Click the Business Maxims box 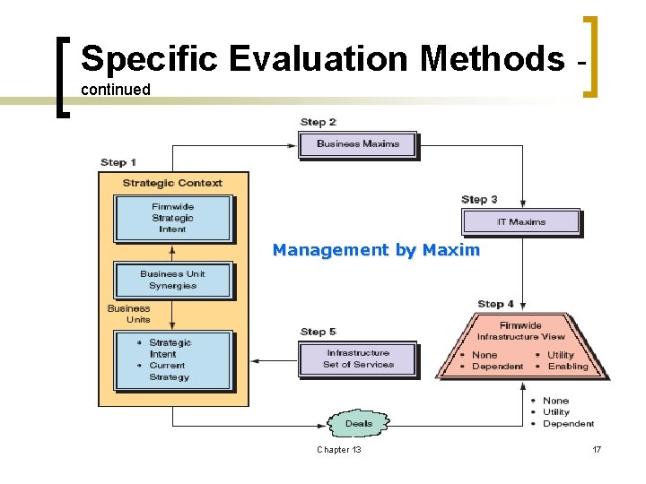pyautogui.click(x=357, y=144)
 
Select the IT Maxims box pyautogui.click(x=520, y=221)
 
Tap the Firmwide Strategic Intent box pyautogui.click(x=172, y=218)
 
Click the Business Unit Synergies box pyautogui.click(x=172, y=280)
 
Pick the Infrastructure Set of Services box pyautogui.click(x=358, y=359)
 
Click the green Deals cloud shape pyautogui.click(x=358, y=423)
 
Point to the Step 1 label pyautogui.click(x=118, y=162)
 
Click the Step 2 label pyautogui.click(x=318, y=122)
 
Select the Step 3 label pyautogui.click(x=479, y=199)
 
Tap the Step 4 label pyautogui.click(x=495, y=304)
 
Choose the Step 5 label pyautogui.click(x=318, y=332)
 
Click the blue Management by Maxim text pyautogui.click(x=376, y=250)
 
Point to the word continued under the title pyautogui.click(x=115, y=90)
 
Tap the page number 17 pyautogui.click(x=597, y=449)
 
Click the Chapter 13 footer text pyautogui.click(x=339, y=449)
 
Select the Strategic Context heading pyautogui.click(x=172, y=183)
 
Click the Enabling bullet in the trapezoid pyautogui.click(x=567, y=367)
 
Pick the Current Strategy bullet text pyautogui.click(x=168, y=371)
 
